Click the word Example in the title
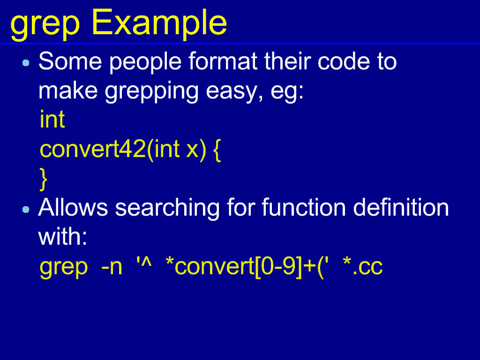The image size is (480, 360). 159,23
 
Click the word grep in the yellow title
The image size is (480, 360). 45,26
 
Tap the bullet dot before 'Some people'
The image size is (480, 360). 26,63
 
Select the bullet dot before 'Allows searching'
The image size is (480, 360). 26,210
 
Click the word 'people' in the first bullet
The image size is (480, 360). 145,63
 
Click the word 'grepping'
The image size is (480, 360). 151,93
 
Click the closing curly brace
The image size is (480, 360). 44,180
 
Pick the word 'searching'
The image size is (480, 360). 167,209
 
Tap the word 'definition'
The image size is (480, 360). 401,207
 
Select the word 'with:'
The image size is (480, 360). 63,236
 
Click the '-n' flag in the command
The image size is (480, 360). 112,267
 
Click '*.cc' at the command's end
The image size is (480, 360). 363,266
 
